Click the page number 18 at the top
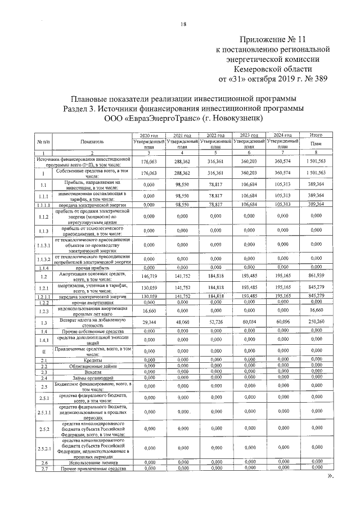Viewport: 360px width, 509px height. tap(183, 24)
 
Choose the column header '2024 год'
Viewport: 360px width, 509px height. tap(282, 136)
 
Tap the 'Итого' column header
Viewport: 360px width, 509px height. tap(315, 136)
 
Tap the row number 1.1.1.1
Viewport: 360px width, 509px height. tap(43, 205)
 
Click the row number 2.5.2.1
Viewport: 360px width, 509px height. tap(43, 448)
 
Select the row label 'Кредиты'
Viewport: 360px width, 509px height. tap(92, 360)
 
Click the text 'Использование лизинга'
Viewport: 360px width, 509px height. tap(92, 462)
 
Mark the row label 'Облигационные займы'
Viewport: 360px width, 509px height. tap(92, 366)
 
